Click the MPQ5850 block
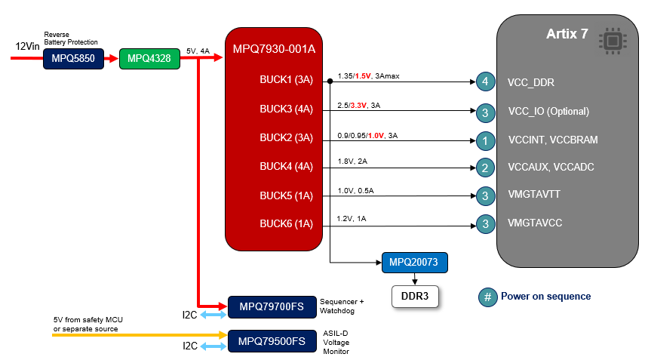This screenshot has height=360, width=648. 73,57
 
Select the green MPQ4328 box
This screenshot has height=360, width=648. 149,57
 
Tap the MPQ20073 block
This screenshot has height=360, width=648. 414,263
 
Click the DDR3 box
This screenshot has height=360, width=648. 415,297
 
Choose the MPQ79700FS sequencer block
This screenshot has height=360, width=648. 272,306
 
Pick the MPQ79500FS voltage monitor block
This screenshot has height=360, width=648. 272,341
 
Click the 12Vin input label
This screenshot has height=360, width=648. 28,47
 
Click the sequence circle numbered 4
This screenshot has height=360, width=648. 486,82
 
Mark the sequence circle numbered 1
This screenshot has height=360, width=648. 486,140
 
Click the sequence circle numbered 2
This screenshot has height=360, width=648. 486,168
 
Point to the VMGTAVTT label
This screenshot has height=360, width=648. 534,195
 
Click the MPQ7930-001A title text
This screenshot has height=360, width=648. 274,50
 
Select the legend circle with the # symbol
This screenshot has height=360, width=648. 487,297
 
